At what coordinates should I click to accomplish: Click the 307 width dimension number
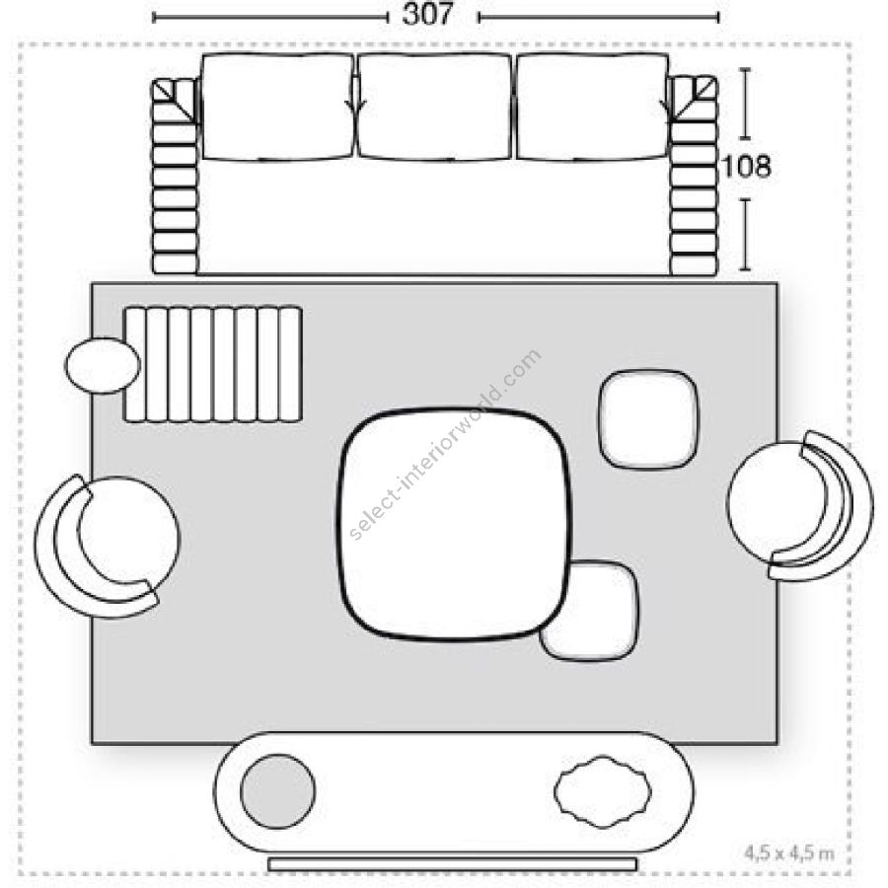pyautogui.click(x=427, y=15)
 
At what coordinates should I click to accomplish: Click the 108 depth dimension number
pyautogui.click(x=747, y=167)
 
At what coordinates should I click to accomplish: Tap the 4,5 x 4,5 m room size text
pyautogui.click(x=789, y=852)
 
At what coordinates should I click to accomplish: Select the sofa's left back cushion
pyautogui.click(x=277, y=107)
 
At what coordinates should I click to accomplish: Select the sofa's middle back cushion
pyautogui.click(x=435, y=107)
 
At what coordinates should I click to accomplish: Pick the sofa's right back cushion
pyautogui.click(x=592, y=107)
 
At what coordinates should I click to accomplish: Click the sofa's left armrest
pyautogui.click(x=175, y=177)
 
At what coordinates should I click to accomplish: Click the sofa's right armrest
pyautogui.click(x=694, y=177)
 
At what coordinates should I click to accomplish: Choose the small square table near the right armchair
pyautogui.click(x=649, y=419)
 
